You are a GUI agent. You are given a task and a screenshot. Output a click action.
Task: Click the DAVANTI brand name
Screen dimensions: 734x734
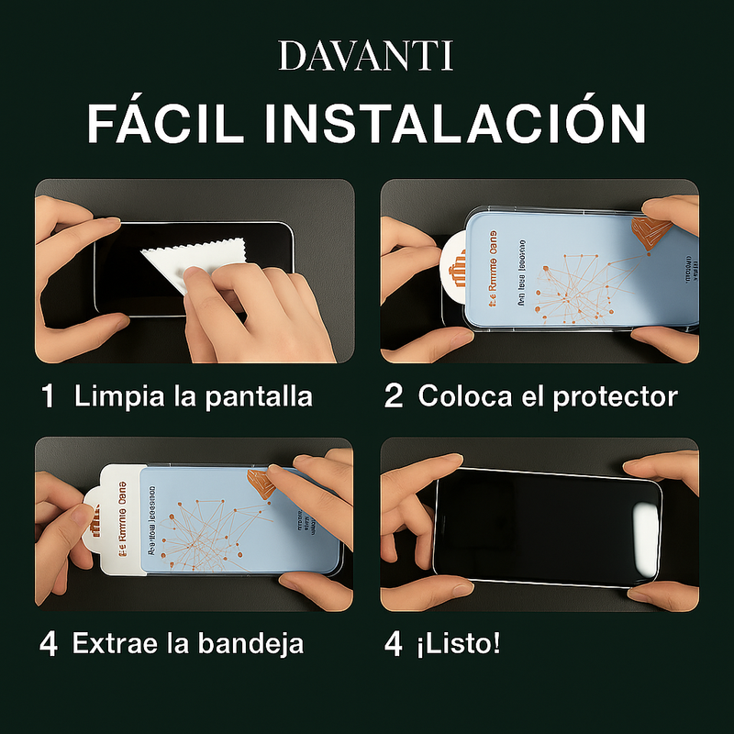coord(366,56)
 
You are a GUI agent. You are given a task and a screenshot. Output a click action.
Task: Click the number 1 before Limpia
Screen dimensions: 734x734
coord(49,396)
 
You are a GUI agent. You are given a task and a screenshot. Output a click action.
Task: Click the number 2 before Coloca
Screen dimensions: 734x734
coord(394,396)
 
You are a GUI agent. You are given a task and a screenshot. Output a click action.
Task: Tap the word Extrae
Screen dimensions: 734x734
coord(114,643)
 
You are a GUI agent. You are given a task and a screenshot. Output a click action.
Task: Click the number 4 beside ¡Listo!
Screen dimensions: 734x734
coord(394,643)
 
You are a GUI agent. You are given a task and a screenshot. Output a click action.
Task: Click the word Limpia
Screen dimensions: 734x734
coord(114,396)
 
